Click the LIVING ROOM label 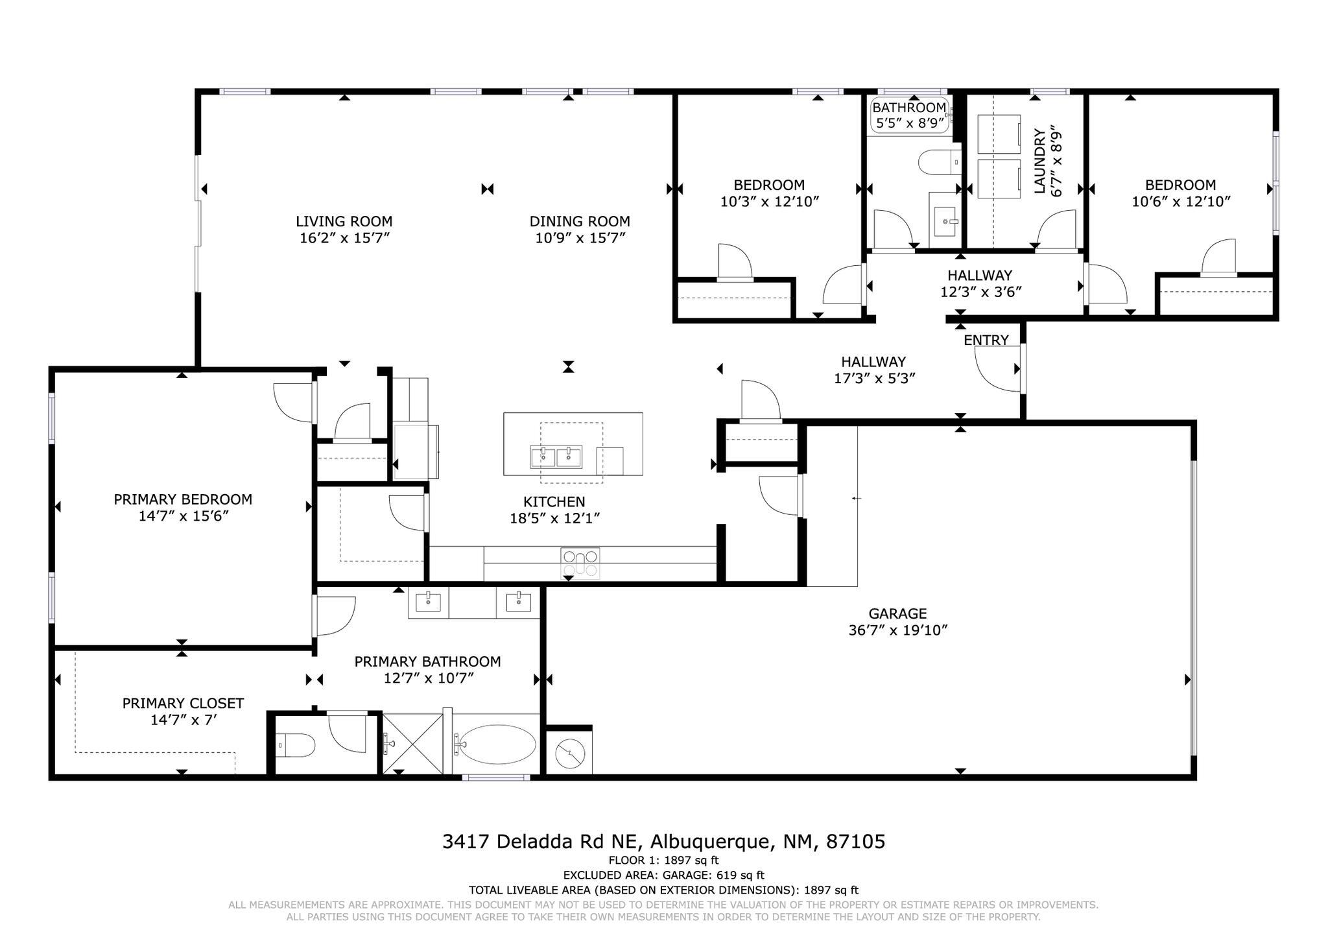pyautogui.click(x=344, y=222)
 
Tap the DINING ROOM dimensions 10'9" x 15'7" pyautogui.click(x=580, y=239)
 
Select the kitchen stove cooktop pyautogui.click(x=581, y=564)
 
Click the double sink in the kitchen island pyautogui.click(x=556, y=457)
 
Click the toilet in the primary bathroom pyautogui.click(x=296, y=746)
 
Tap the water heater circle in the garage pyautogui.click(x=570, y=753)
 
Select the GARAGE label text pyautogui.click(x=897, y=613)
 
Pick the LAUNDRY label pyautogui.click(x=1039, y=161)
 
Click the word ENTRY pyautogui.click(x=986, y=340)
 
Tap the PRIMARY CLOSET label pyautogui.click(x=183, y=704)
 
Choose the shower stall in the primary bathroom pyautogui.click(x=413, y=744)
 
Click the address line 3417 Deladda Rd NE pyautogui.click(x=541, y=842)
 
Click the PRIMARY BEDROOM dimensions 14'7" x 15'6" pyautogui.click(x=184, y=516)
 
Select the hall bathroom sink pyautogui.click(x=945, y=220)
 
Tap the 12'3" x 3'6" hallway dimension pyautogui.click(x=980, y=292)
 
